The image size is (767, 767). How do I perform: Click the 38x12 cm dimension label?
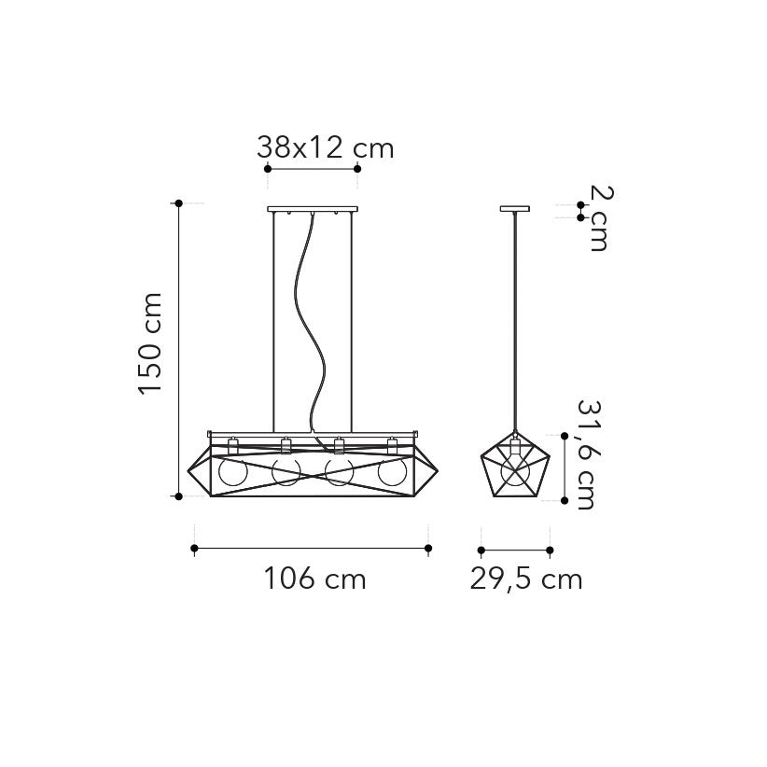point(324,146)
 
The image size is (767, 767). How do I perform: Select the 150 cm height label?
point(151,343)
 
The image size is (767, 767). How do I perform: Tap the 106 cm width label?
point(314,579)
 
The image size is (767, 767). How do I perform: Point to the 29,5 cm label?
point(525,579)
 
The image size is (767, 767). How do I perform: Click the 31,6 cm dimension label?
point(588,455)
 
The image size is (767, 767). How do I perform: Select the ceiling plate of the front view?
point(313,209)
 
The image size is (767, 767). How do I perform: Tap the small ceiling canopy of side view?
point(514,209)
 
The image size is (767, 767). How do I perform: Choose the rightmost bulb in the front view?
point(393,471)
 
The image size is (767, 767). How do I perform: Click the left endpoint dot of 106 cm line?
point(194,549)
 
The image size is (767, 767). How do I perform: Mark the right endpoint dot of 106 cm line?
point(428,549)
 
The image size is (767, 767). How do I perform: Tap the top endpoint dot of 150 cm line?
point(177,202)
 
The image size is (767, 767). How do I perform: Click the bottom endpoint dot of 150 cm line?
point(177,496)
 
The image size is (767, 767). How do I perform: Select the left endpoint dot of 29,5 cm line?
point(481,550)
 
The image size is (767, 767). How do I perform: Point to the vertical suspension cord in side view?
point(514,317)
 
